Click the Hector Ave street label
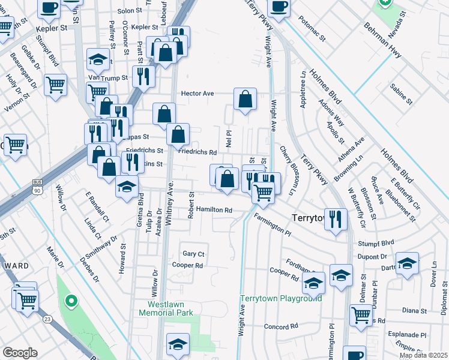[197, 94]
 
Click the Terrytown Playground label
[281, 298]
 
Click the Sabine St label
[400, 95]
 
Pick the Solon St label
[129, 11]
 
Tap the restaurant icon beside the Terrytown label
[336, 218]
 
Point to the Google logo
[20, 353]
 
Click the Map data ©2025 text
[423, 355]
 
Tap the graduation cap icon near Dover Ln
[407, 265]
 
